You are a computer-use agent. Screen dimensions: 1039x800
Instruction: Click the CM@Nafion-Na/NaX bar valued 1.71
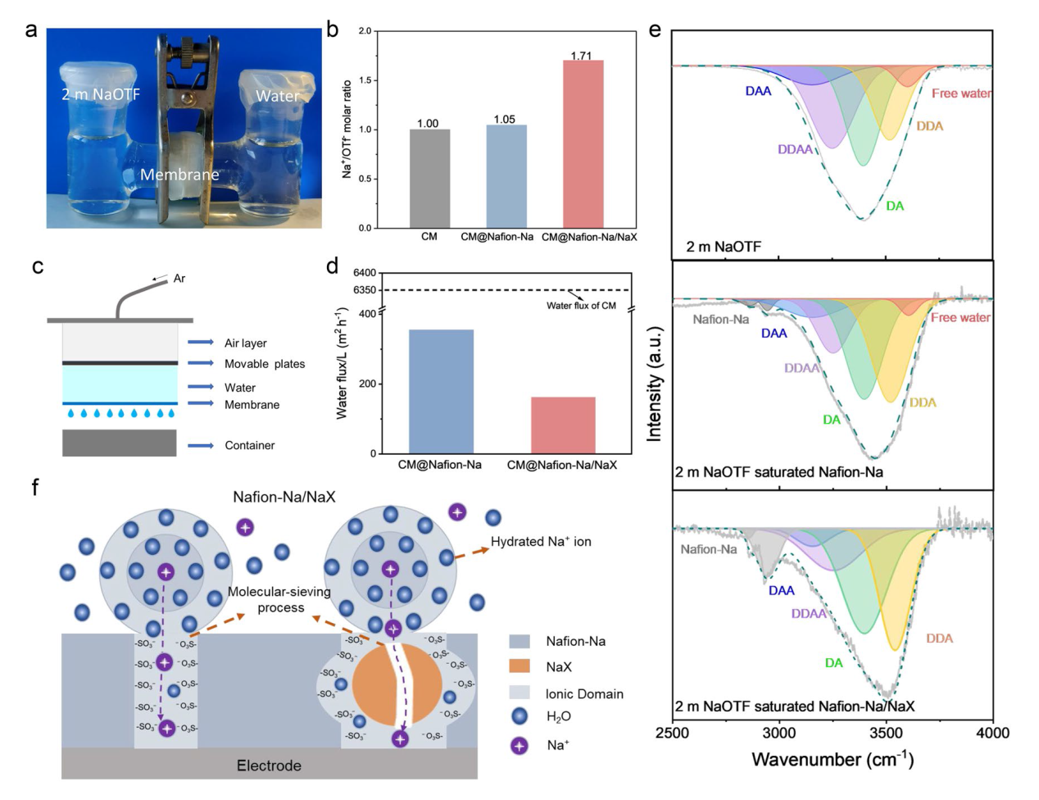pos(583,144)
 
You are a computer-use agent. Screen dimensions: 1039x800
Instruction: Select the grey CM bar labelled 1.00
pos(429,179)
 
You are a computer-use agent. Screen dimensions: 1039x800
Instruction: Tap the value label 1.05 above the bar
pos(505,119)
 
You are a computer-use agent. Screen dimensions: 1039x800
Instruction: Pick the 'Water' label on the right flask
pos(277,96)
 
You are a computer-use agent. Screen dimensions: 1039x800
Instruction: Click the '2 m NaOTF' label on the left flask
pos(101,94)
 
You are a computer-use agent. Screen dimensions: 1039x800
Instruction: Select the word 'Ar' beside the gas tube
pos(179,279)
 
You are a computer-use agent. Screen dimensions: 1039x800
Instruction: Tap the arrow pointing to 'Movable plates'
pos(201,363)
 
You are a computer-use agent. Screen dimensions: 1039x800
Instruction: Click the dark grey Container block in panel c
pos(119,443)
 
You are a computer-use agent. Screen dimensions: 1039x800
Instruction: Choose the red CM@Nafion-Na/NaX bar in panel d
pos(563,425)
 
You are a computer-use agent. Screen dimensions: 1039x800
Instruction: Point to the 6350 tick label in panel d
pos(365,290)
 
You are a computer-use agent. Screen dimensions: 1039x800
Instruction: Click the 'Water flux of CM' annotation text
pos(581,306)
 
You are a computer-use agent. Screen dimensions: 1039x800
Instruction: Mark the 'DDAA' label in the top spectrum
pos(795,150)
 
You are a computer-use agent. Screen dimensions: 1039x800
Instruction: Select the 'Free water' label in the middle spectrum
pos(960,317)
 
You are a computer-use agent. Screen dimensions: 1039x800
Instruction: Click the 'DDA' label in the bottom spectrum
pos(940,639)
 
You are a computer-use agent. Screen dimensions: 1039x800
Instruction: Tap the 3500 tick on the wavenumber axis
pos(886,733)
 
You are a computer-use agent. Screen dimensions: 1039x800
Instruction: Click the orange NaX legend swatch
pos(519,666)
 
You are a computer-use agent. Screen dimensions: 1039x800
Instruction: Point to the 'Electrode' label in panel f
pos(269,766)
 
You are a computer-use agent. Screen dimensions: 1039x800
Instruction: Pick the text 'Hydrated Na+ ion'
pos(541,541)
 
